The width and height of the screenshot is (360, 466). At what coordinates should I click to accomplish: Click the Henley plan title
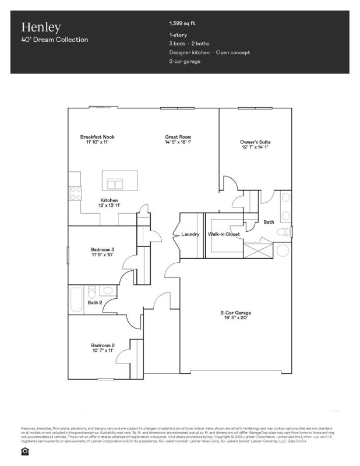pos(41,27)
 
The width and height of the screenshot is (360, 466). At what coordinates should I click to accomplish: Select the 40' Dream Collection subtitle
pos(55,40)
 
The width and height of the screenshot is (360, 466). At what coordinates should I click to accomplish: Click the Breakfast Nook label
pos(97,137)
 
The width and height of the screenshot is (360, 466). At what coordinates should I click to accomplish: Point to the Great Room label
pos(178,137)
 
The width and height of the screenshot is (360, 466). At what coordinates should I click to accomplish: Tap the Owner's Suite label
pos(255,142)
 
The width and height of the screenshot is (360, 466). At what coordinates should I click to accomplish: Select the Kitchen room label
pos(110,200)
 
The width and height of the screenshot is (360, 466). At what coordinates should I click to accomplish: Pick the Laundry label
pos(190,234)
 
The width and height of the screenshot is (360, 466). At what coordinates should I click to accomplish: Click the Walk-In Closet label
pos(224,234)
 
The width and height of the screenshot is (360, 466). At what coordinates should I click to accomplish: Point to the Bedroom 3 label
pos(102,249)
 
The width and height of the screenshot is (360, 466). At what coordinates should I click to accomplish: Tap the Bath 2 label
pos(95,302)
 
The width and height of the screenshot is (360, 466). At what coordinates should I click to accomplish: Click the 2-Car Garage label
pos(236,313)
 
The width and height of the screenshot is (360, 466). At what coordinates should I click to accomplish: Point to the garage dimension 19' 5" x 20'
pos(236,319)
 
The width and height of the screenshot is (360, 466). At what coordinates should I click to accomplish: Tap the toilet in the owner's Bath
pos(282,232)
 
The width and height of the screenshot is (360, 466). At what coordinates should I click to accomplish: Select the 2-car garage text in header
pos(185,61)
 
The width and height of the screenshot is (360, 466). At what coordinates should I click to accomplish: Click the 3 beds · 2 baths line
pos(189,44)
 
